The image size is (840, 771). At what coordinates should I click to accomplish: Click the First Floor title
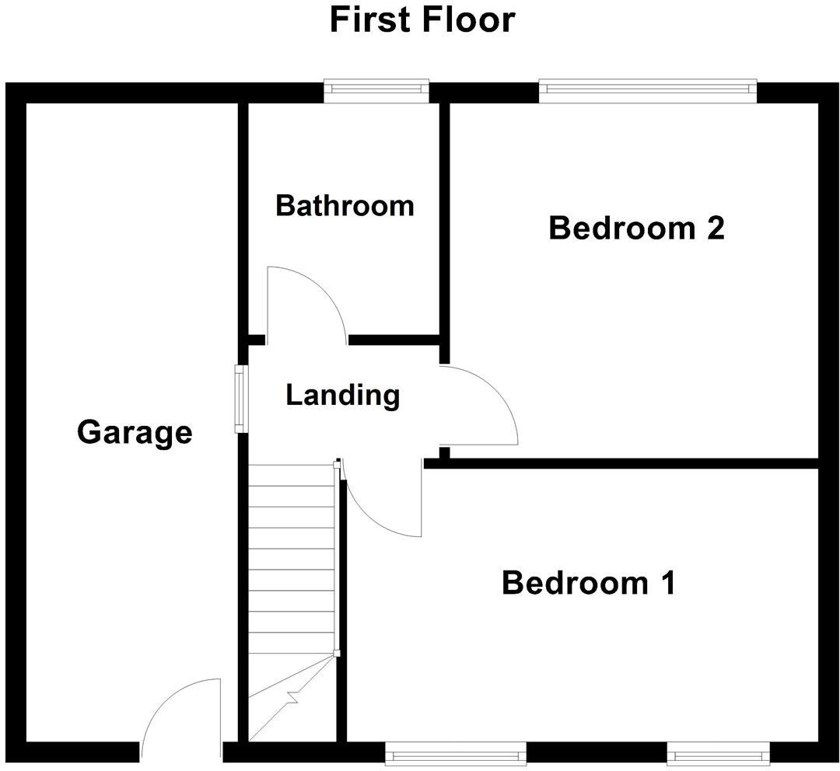pyautogui.click(x=422, y=19)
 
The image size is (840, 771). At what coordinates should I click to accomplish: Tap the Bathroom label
pyautogui.click(x=345, y=206)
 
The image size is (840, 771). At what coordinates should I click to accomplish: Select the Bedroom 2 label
pyautogui.click(x=636, y=229)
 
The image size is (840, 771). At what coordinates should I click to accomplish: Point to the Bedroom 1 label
pyautogui.click(x=588, y=582)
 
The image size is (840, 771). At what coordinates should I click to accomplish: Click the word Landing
pyautogui.click(x=342, y=395)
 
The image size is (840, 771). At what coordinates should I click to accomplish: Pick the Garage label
pyautogui.click(x=135, y=431)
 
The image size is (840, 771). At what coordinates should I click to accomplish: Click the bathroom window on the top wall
pyautogui.click(x=376, y=90)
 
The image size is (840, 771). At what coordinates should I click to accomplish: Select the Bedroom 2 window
pyautogui.click(x=647, y=90)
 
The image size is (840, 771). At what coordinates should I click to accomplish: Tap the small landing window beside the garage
pyautogui.click(x=241, y=399)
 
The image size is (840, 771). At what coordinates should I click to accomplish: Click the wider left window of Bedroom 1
pyautogui.click(x=456, y=753)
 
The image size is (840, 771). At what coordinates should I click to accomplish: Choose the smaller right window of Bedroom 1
pyautogui.click(x=718, y=753)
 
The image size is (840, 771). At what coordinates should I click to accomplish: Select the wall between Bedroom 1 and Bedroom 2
pyautogui.click(x=622, y=464)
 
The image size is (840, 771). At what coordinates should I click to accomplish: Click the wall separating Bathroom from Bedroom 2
pyautogui.click(x=444, y=225)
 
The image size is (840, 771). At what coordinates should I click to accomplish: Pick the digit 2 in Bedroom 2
pyautogui.click(x=714, y=229)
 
